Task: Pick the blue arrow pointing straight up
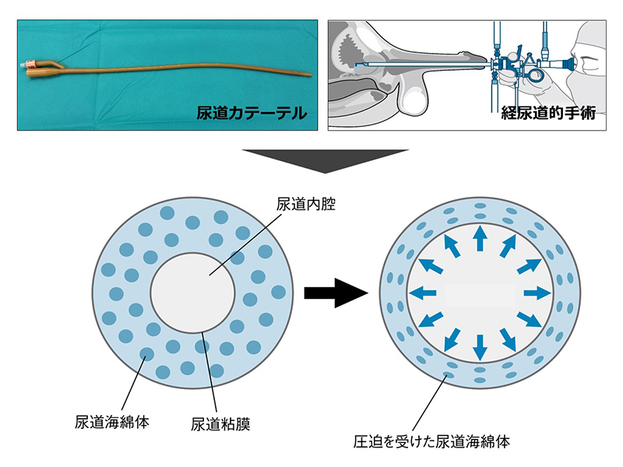pos(480,237)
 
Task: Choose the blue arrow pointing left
pos(424,293)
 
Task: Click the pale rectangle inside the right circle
pos(480,294)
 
